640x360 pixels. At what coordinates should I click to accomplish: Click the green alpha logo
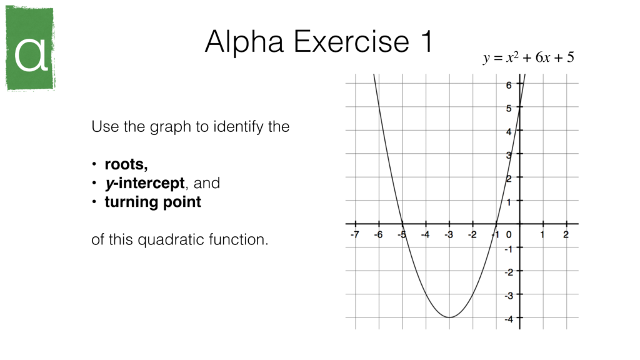coord(30,48)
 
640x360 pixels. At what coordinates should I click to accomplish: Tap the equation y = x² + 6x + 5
coord(528,58)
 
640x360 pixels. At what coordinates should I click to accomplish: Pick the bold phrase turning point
coord(152,202)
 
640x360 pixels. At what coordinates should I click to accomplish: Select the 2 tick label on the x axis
coord(566,235)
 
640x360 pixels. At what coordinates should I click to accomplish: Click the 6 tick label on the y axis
coord(509,85)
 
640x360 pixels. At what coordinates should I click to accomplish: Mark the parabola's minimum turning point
coord(449,317)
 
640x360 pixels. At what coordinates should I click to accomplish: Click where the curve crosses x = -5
coord(402,224)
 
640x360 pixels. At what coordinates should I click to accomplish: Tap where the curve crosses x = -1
coord(496,224)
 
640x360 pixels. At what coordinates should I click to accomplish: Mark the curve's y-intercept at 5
coord(519,107)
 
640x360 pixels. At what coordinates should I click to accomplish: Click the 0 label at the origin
coord(509,235)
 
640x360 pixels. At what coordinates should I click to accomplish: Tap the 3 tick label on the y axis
coord(509,154)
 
